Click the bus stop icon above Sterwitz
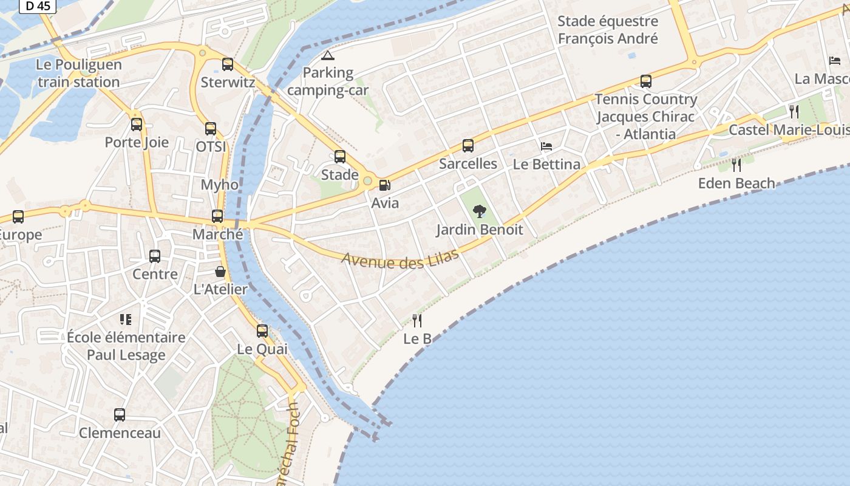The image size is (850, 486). point(228,64)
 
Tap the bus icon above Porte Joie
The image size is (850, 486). point(137,125)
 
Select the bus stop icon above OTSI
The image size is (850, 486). point(211,129)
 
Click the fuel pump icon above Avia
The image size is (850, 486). point(384,185)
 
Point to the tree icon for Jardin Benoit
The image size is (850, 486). point(480,211)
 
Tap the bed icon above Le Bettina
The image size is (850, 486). point(546,146)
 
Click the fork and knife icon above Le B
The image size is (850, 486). point(417,320)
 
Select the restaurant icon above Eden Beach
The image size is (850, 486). point(736,165)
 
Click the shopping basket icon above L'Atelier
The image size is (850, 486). point(220,272)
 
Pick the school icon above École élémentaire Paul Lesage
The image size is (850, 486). point(126,320)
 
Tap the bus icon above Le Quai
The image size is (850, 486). point(262,331)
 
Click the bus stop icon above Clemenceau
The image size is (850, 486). point(120,415)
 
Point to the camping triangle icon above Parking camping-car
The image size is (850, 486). point(328,56)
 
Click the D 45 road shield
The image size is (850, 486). point(38,6)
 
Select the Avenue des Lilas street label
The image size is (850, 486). point(400,259)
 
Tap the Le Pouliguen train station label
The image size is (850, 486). point(79,73)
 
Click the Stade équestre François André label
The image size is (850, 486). point(608,30)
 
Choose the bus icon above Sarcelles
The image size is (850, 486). point(467,146)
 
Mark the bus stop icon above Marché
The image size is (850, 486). point(217,216)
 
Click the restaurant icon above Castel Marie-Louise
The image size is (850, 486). point(794,111)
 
